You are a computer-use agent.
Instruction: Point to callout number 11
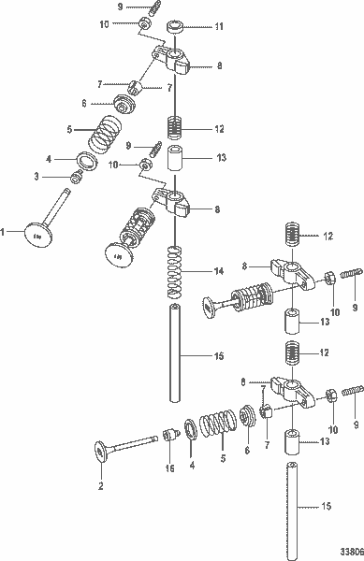(x=221, y=28)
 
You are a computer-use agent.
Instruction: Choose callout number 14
(x=219, y=271)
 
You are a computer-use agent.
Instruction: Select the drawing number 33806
(x=349, y=552)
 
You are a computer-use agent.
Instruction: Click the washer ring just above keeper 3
(x=84, y=162)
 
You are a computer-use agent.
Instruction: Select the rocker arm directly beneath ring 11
(x=174, y=62)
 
